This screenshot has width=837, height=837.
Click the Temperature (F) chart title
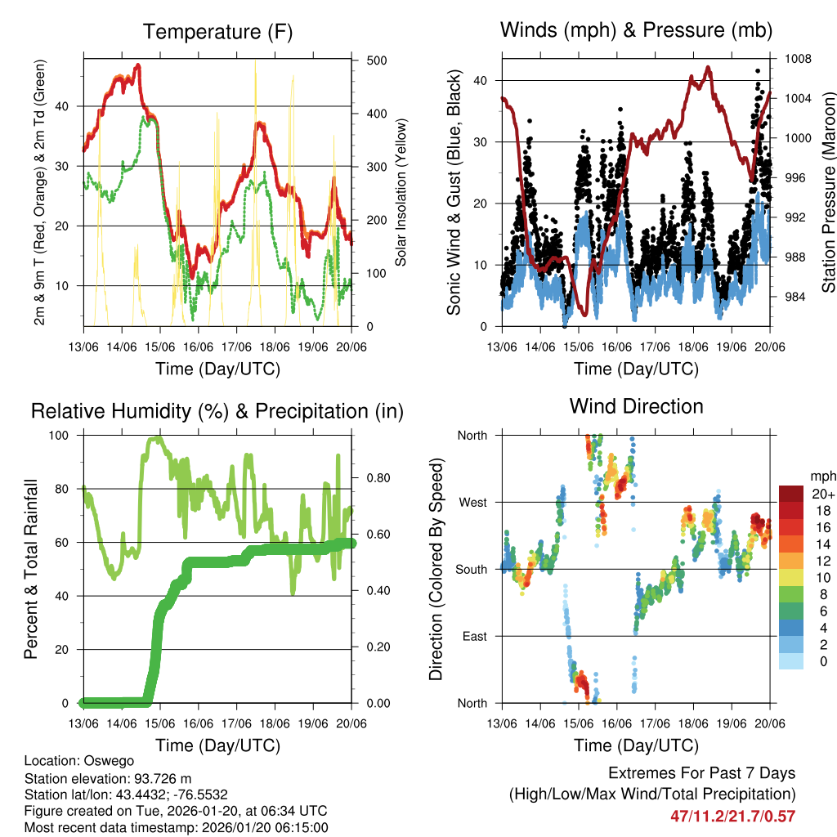click(x=217, y=32)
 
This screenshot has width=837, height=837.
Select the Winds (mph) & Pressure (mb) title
click(x=636, y=31)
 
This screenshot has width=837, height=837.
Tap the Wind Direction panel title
click(x=636, y=406)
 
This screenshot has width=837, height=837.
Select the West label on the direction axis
click(x=472, y=503)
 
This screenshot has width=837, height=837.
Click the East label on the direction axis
click(x=474, y=637)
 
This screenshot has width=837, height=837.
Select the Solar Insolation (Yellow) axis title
click(x=401, y=192)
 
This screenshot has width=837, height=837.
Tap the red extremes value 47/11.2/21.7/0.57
click(x=732, y=816)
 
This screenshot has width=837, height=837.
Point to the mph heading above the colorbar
click(x=822, y=476)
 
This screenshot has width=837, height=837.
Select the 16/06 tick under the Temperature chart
click(x=199, y=346)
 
